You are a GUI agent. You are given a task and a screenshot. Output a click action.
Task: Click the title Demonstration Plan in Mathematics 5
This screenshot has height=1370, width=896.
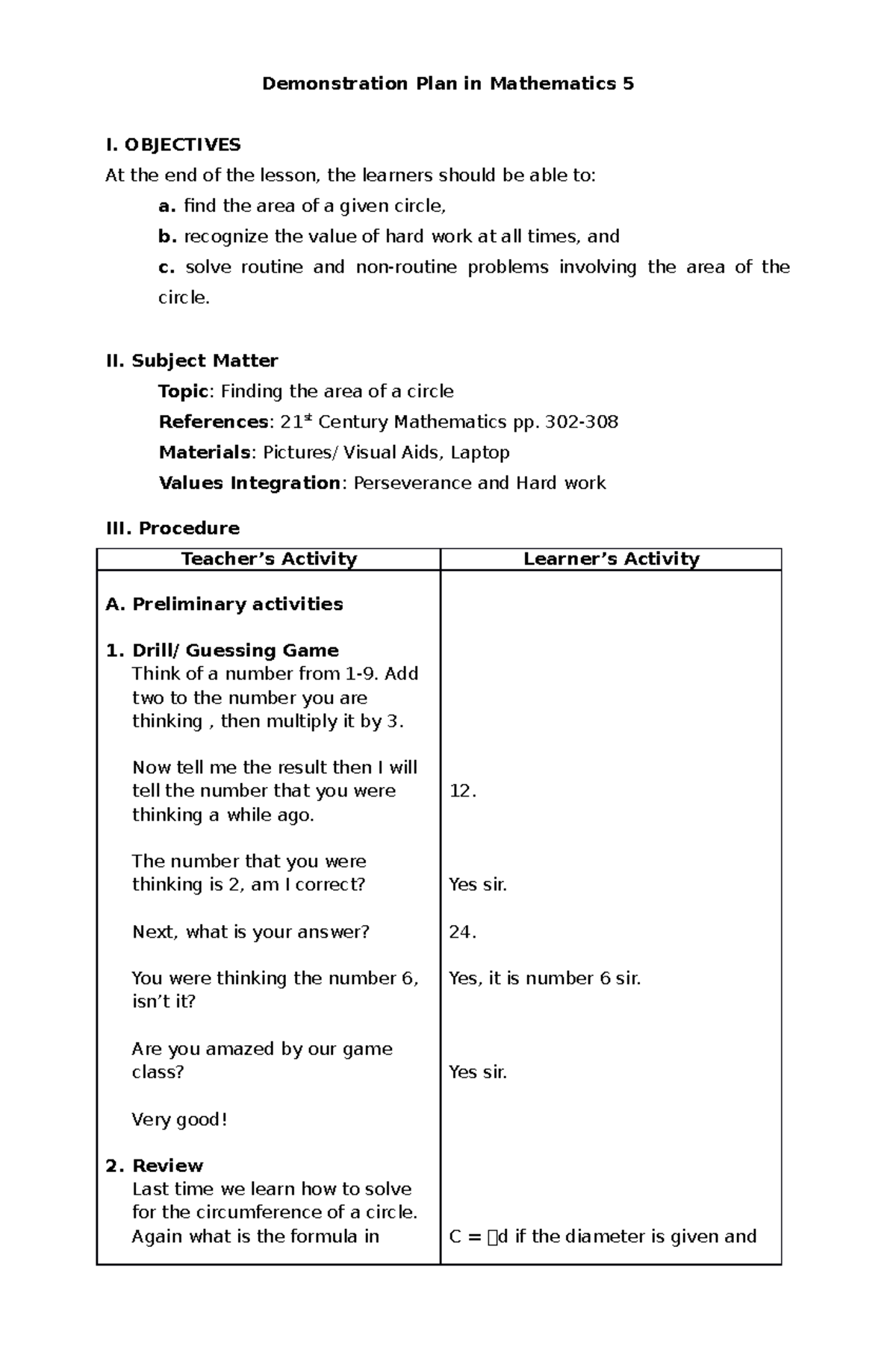click(447, 84)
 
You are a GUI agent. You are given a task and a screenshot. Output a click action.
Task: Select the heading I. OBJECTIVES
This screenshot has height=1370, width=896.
click(173, 144)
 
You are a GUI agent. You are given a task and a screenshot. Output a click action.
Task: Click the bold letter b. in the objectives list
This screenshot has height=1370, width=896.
click(167, 237)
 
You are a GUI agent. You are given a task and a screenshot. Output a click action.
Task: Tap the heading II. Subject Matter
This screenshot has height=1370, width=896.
click(192, 361)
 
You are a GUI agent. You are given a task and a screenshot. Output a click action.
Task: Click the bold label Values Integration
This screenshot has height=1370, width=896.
click(249, 483)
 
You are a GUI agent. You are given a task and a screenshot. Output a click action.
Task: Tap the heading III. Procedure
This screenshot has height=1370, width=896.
click(172, 528)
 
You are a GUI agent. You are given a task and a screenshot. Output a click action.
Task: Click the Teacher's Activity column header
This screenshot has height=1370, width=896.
click(269, 559)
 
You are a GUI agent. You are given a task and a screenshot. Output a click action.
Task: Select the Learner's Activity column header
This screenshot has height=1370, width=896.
click(611, 559)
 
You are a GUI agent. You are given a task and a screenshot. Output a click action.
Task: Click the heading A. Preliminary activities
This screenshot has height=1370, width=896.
click(224, 604)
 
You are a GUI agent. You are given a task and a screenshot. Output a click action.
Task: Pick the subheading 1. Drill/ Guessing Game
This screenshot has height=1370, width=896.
click(223, 650)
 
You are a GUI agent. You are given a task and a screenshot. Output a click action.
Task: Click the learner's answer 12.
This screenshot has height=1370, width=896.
click(462, 791)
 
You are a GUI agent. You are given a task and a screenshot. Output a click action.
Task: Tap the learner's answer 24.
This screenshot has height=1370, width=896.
click(462, 932)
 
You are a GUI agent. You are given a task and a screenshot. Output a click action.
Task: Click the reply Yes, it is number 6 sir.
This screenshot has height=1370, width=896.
click(544, 978)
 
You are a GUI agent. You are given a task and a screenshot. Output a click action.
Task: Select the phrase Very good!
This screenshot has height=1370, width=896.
click(179, 1119)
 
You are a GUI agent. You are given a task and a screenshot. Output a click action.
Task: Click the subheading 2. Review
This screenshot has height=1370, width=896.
click(155, 1165)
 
